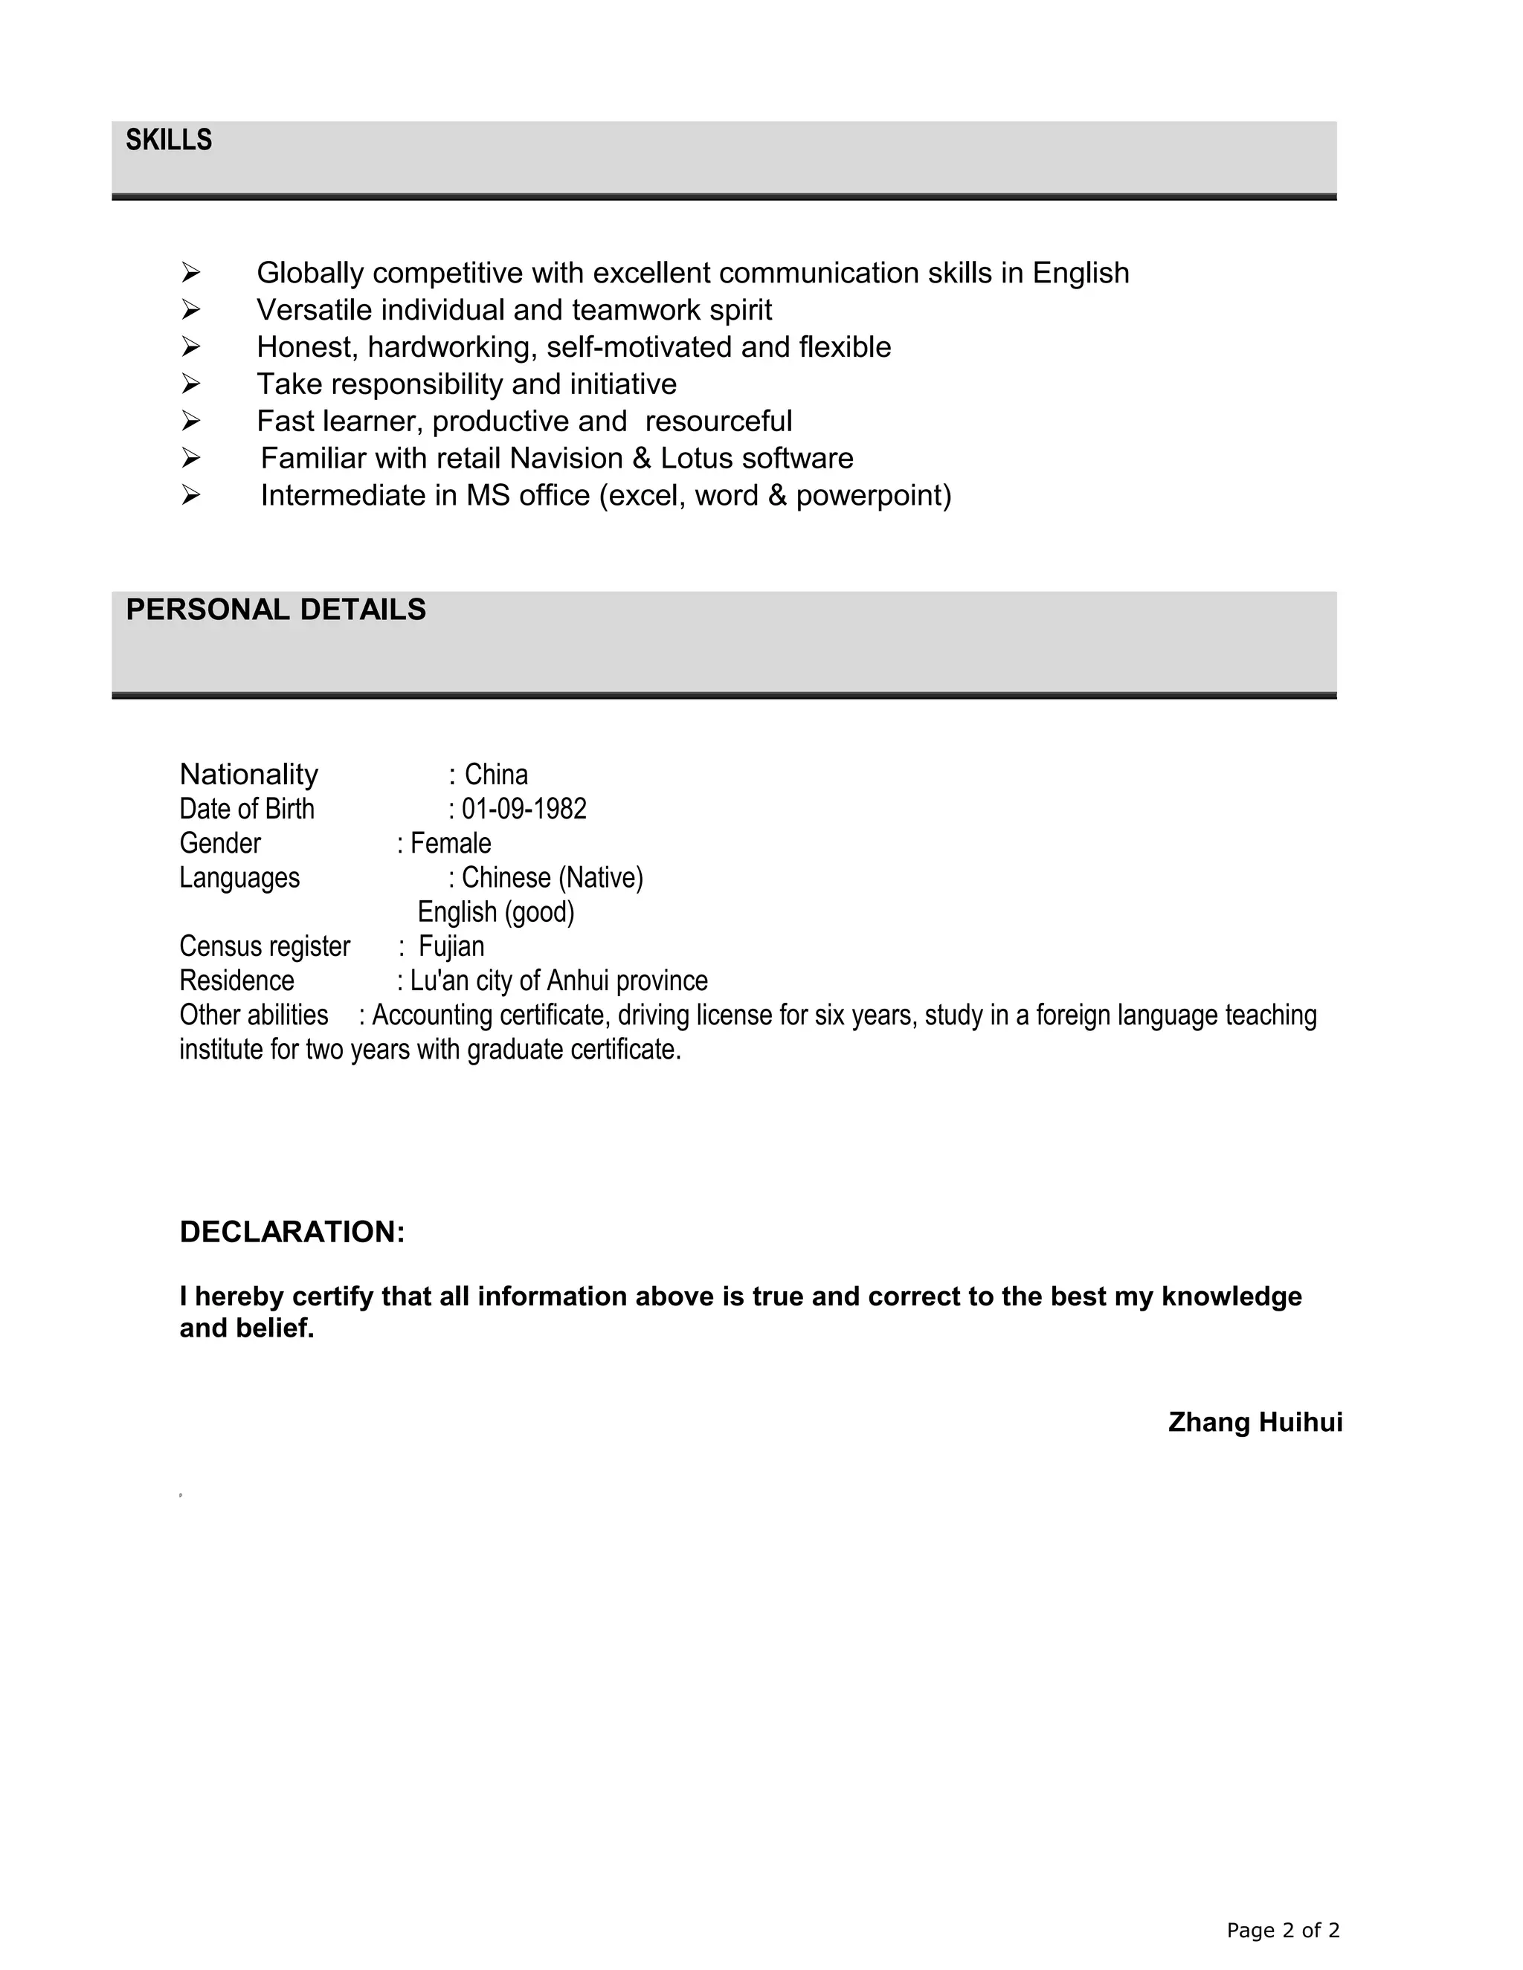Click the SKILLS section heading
pyautogui.click(x=169, y=140)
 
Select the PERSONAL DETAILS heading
pyautogui.click(x=275, y=610)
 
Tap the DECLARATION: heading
pyautogui.click(x=292, y=1231)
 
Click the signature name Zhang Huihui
pyautogui.click(x=1255, y=1422)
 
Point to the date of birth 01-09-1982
pyautogui.click(x=524, y=809)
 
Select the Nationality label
pyautogui.click(x=249, y=774)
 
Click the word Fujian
pyautogui.click(x=451, y=946)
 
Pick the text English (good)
pyautogui.click(x=495, y=912)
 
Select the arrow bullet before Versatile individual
pyautogui.click(x=190, y=309)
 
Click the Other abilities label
pyautogui.click(x=254, y=1015)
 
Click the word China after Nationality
pyautogui.click(x=496, y=774)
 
